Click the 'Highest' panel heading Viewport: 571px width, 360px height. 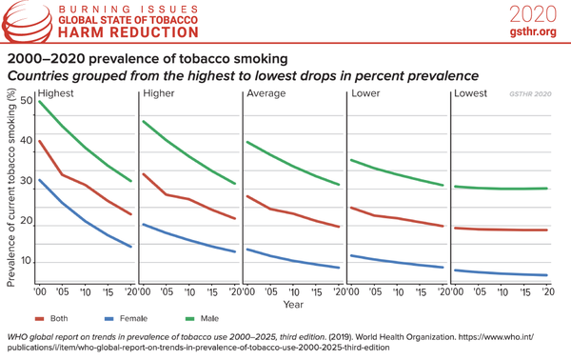[x=56, y=94]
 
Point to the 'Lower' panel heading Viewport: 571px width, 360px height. [x=366, y=94]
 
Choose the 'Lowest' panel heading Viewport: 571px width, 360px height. [x=471, y=94]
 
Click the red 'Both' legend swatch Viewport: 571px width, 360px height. [x=40, y=318]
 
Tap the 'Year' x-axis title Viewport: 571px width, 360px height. [x=293, y=306]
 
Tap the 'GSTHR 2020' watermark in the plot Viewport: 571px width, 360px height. [x=528, y=95]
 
